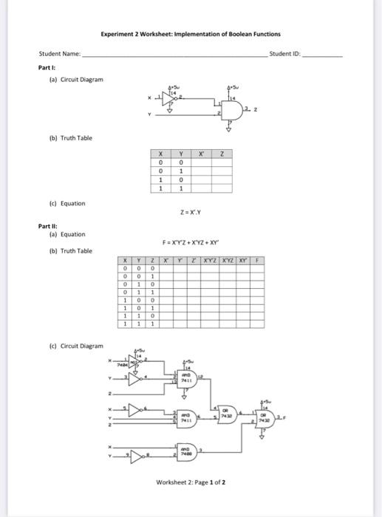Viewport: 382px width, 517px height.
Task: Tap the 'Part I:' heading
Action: pos(47,66)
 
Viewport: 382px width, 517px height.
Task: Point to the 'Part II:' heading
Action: pos(48,226)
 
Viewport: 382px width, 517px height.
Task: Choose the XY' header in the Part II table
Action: pos(244,261)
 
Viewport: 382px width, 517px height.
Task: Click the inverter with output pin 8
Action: pos(140,451)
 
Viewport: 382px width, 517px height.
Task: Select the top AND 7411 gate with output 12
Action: pos(187,377)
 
